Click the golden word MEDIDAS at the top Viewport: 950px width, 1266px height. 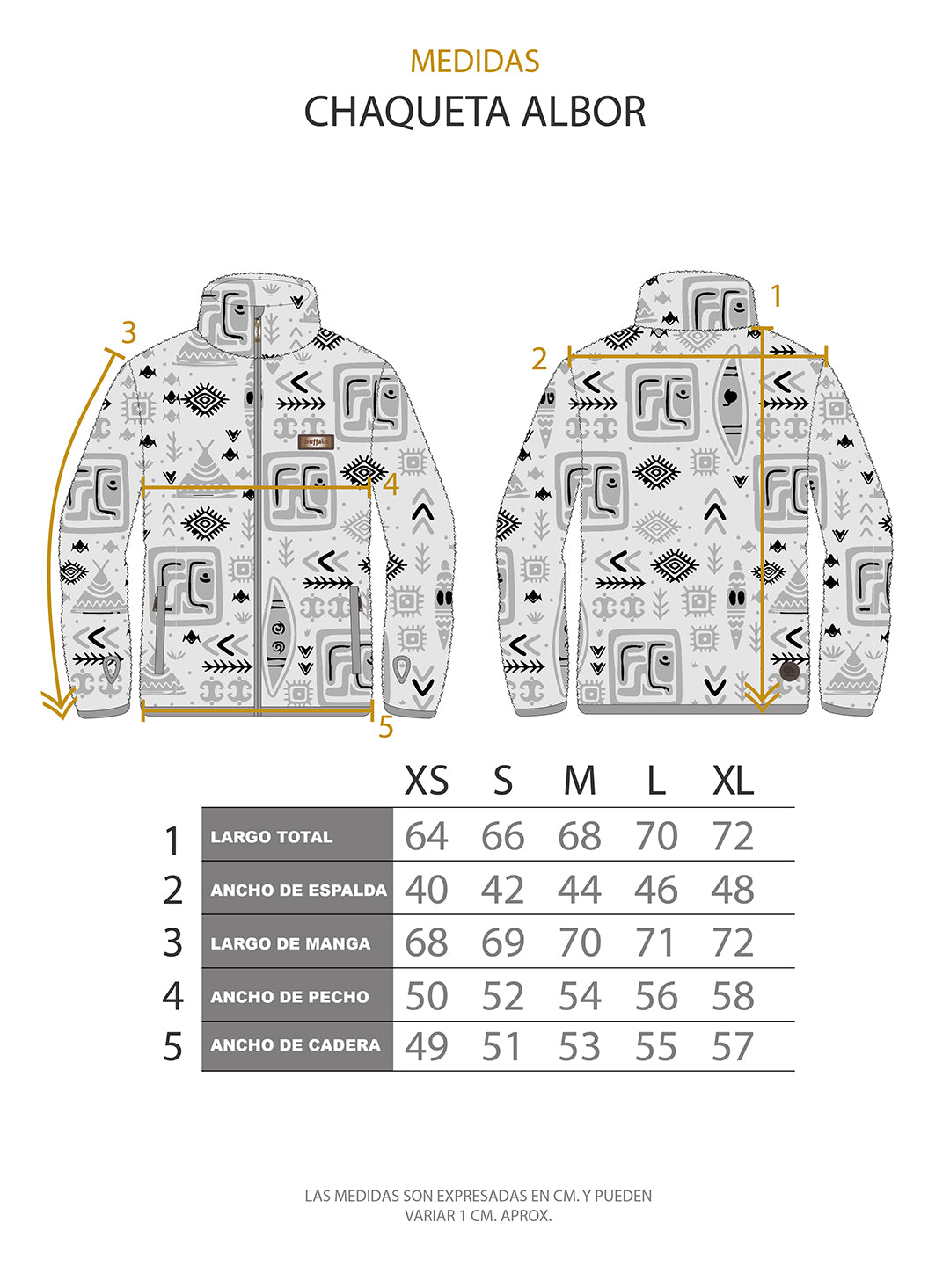[x=474, y=62]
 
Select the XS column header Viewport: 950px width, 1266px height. [x=427, y=781]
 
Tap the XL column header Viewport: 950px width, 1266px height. [x=733, y=781]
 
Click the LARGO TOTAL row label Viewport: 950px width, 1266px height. [x=272, y=837]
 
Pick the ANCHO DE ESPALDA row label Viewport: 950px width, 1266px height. [x=298, y=891]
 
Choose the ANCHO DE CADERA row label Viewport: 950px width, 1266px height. [x=296, y=1045]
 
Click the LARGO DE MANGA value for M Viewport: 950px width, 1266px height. [x=580, y=943]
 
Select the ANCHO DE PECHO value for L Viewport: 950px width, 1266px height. [x=656, y=997]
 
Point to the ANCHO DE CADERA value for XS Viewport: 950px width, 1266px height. [x=427, y=1046]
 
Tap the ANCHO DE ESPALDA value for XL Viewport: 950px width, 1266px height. [x=733, y=891]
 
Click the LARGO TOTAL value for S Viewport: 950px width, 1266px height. [x=502, y=837]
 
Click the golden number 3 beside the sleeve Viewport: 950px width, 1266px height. [x=129, y=333]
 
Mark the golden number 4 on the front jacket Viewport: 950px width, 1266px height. [x=391, y=484]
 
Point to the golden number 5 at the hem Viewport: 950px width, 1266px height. [x=385, y=728]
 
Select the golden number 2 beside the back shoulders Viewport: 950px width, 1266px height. [x=539, y=359]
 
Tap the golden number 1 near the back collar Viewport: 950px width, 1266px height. [x=776, y=297]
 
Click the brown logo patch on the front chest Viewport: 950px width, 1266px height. [x=316, y=442]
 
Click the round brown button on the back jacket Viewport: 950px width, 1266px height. [x=789, y=672]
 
